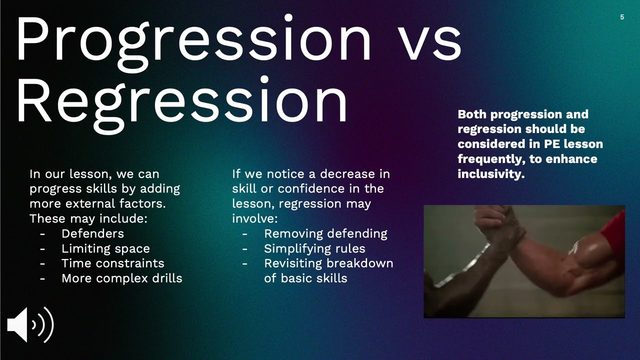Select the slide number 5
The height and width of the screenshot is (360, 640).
[622, 17]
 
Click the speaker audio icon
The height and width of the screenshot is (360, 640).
[30, 325]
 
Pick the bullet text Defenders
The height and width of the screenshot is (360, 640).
[92, 233]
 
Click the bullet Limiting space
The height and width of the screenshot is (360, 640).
[105, 248]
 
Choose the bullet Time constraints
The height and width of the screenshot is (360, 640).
[112, 263]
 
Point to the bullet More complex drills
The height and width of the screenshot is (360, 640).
[121, 278]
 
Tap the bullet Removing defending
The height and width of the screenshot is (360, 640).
[325, 233]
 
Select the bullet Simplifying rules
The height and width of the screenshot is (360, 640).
[314, 248]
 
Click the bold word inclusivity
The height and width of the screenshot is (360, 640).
[490, 174]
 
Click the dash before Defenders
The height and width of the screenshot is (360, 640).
[42, 233]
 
